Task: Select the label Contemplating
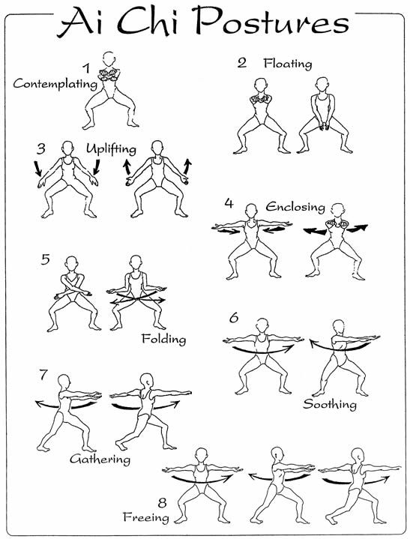click(x=55, y=84)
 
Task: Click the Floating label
click(x=288, y=63)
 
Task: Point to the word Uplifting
click(x=111, y=148)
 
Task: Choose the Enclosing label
click(x=295, y=207)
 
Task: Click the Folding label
click(x=163, y=340)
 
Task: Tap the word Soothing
click(x=330, y=403)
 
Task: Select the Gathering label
click(x=100, y=460)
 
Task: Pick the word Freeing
click(x=146, y=517)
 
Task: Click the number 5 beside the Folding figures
click(x=45, y=259)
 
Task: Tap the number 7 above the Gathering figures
click(x=43, y=375)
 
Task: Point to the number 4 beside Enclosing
click(x=229, y=203)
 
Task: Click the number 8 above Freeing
click(x=162, y=503)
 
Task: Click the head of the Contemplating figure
click(x=109, y=59)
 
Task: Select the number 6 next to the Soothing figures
click(x=234, y=318)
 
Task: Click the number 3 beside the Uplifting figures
click(x=41, y=149)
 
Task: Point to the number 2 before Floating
click(x=242, y=63)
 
